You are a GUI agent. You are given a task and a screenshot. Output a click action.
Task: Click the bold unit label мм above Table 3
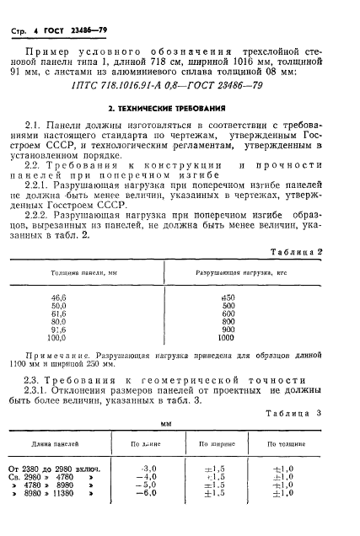(x=179, y=425)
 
